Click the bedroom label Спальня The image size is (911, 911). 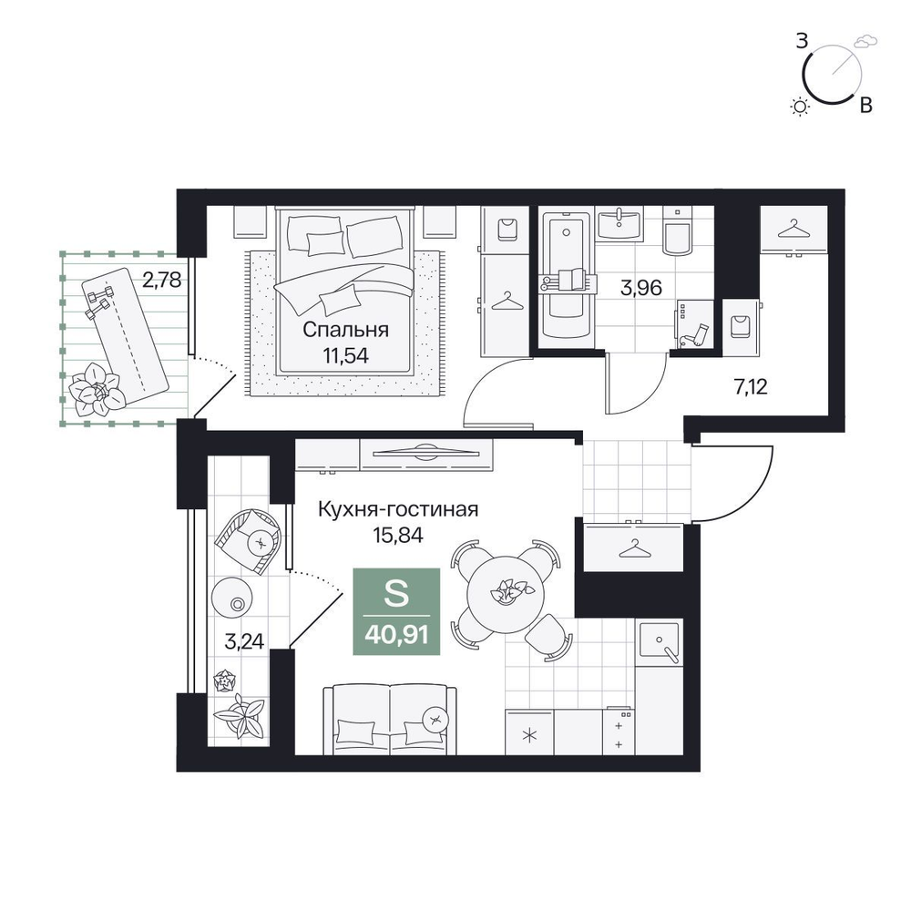click(345, 330)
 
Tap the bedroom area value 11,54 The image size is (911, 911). click(346, 355)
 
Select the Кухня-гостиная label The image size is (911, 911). click(398, 509)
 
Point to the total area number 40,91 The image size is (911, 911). click(397, 634)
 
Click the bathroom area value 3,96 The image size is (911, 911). click(640, 288)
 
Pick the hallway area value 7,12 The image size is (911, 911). click(752, 386)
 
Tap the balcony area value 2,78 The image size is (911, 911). click(162, 281)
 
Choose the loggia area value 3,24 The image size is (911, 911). click(244, 641)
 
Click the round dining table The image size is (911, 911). click(507, 594)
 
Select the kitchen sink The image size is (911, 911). click(659, 642)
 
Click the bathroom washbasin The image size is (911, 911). click(619, 223)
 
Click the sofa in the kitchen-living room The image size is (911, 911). click(390, 720)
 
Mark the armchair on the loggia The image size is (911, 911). click(249, 539)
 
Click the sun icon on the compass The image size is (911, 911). click(801, 107)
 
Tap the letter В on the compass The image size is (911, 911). click(865, 105)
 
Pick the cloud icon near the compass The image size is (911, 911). click(865, 41)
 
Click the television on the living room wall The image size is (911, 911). click(426, 453)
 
